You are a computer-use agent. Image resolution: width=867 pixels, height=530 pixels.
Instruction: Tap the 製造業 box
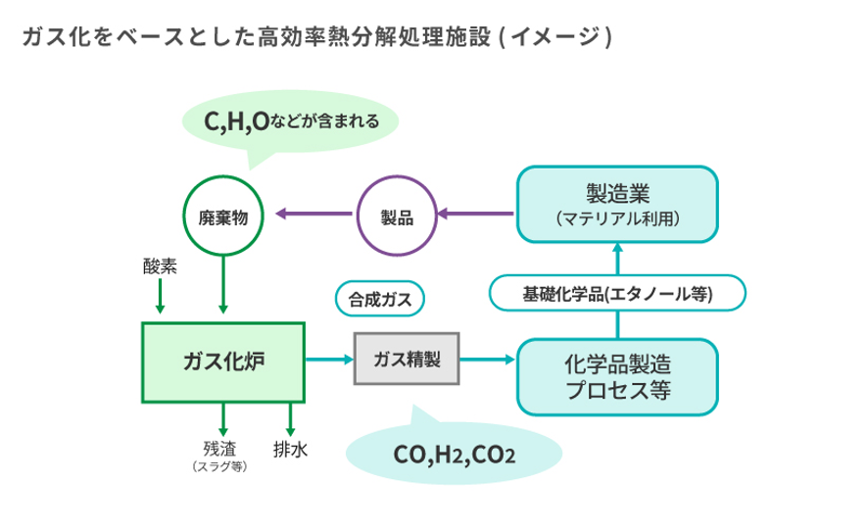(x=617, y=204)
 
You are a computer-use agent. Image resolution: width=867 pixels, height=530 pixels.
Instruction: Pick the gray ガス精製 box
(x=407, y=360)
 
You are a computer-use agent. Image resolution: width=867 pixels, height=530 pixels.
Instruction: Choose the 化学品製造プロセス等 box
(x=617, y=375)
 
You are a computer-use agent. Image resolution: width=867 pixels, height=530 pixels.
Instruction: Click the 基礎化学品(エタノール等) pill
(x=617, y=293)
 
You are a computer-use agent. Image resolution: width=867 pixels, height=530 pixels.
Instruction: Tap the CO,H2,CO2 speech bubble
(x=455, y=455)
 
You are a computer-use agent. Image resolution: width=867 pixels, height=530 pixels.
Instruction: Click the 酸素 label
(x=159, y=265)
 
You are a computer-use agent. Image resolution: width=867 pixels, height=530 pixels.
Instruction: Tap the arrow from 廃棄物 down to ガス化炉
(x=224, y=284)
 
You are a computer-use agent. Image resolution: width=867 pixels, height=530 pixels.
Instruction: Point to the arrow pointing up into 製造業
(x=617, y=260)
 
